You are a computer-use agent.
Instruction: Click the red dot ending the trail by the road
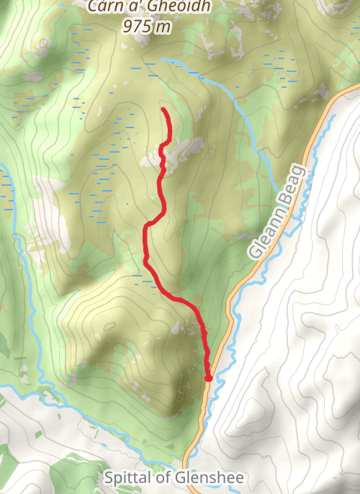[x=208, y=377]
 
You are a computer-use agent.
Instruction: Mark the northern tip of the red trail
[x=165, y=109]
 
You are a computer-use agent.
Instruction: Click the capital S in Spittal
[x=109, y=477]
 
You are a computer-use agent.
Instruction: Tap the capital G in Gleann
[x=254, y=252]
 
